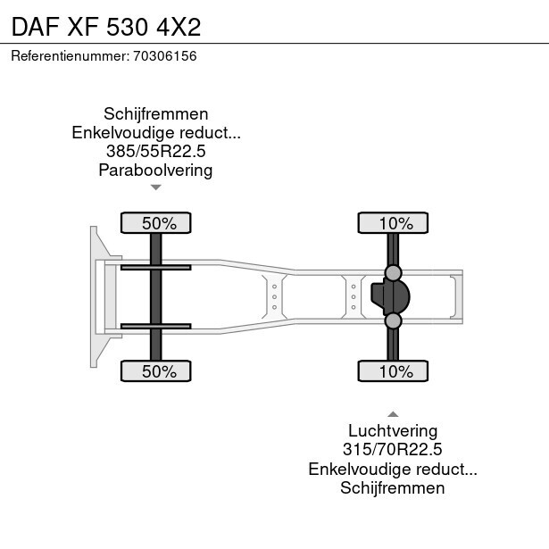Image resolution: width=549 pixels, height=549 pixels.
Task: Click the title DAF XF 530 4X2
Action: pos(106,25)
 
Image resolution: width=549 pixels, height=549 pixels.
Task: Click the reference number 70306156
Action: pos(165,56)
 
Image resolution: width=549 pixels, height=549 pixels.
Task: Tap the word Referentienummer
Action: pos(69,56)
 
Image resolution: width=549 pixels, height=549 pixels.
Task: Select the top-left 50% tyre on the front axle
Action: pos(156,223)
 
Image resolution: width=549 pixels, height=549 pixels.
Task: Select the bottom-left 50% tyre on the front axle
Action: pos(156,371)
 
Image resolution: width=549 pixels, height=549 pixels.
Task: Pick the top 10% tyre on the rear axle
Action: pos(393,223)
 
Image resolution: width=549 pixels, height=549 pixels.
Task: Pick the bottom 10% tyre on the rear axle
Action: pos(393,371)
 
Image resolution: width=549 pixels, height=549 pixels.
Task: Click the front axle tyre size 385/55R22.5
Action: pos(156,152)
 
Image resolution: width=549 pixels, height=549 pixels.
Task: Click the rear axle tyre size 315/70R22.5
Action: pos(393,450)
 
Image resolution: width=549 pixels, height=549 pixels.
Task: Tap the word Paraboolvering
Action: pos(156,171)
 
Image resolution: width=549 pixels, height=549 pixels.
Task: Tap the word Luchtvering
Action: pos(393,431)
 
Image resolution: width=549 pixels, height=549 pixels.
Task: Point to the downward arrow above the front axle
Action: pos(156,187)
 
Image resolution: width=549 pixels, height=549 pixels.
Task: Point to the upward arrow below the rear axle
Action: pos(393,413)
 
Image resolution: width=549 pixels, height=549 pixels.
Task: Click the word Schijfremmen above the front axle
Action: pos(156,114)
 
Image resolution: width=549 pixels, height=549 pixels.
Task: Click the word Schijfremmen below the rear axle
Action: pos(393,487)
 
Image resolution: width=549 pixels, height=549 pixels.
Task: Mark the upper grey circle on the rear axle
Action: pos(393,272)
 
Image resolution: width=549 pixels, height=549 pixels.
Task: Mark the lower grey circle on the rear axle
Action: pos(393,320)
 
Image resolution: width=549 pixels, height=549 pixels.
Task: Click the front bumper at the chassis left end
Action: pos(94,296)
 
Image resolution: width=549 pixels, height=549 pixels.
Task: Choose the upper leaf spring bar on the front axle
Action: pos(156,266)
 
